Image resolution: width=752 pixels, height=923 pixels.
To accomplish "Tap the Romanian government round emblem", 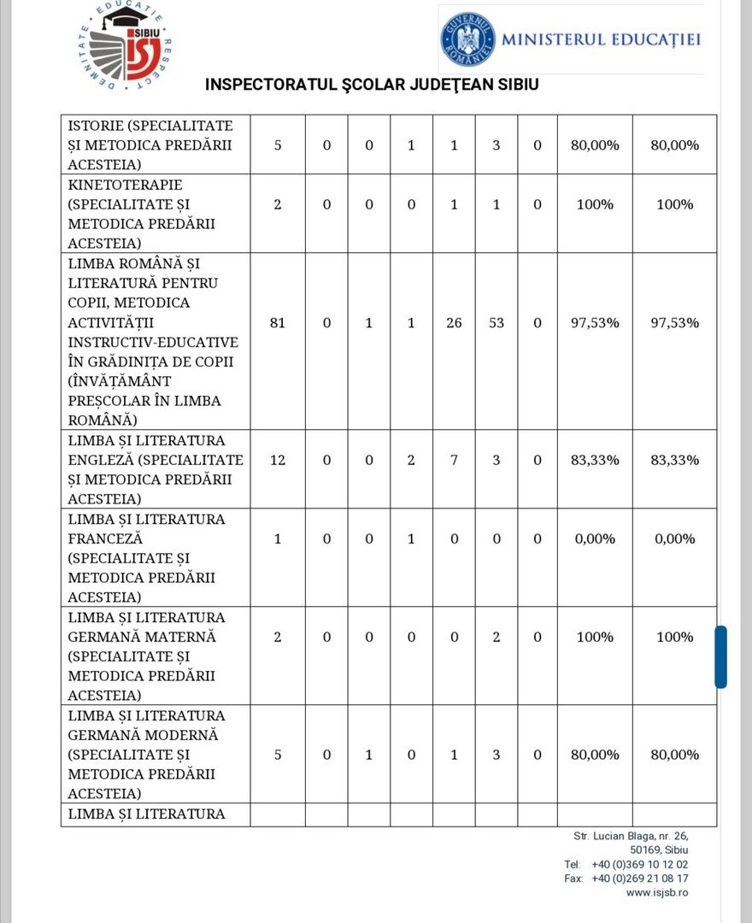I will coord(467,39).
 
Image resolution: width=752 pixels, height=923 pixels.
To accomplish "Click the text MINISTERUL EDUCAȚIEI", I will coord(601,39).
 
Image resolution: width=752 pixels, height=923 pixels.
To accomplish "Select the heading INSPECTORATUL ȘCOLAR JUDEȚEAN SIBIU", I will coord(372,85).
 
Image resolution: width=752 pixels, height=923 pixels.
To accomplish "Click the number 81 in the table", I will coord(277,323).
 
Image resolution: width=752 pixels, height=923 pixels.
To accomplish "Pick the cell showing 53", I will coord(496,323).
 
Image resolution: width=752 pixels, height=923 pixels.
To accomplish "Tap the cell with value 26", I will coord(454,323).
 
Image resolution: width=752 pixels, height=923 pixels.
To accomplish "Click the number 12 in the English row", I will coord(277,460).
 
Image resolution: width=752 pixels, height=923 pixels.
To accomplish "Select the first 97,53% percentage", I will coord(595,323).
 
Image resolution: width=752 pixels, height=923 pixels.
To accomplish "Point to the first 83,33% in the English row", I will coord(595,460).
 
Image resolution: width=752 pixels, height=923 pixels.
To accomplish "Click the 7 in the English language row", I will coord(454,460).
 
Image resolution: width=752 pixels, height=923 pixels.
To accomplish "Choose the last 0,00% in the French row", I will coord(675,538).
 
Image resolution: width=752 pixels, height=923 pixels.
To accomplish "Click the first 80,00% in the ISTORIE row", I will coord(595,144).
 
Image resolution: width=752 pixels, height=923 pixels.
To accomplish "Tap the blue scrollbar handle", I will coord(720,656).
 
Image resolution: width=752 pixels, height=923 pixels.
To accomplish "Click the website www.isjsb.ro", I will coord(656,892).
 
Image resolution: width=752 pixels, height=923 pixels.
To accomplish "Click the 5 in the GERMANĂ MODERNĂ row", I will coord(277,755).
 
